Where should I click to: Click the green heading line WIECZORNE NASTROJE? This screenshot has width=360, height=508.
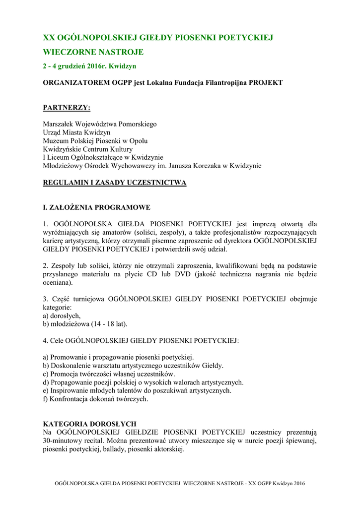tap(93, 52)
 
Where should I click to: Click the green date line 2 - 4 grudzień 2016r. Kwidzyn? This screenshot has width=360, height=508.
tap(90, 66)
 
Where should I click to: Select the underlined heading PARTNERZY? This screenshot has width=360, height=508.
tap(67, 107)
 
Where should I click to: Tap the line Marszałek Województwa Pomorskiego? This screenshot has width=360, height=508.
tap(100, 124)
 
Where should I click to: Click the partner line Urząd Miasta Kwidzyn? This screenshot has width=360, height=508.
tap(77, 132)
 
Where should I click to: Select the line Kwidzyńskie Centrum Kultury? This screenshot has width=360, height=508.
tap(88, 149)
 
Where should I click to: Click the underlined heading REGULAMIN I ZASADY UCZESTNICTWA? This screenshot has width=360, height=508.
tap(115, 183)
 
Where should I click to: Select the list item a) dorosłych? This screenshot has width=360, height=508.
tap(62, 316)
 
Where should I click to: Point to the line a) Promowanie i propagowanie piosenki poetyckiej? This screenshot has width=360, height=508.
tap(119, 357)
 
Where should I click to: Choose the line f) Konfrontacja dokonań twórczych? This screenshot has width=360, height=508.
tap(96, 399)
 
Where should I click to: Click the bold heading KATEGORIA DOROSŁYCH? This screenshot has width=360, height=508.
tap(90, 424)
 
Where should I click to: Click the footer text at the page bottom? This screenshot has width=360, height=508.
tap(180, 483)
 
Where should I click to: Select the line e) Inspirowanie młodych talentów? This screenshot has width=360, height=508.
tap(137, 390)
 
